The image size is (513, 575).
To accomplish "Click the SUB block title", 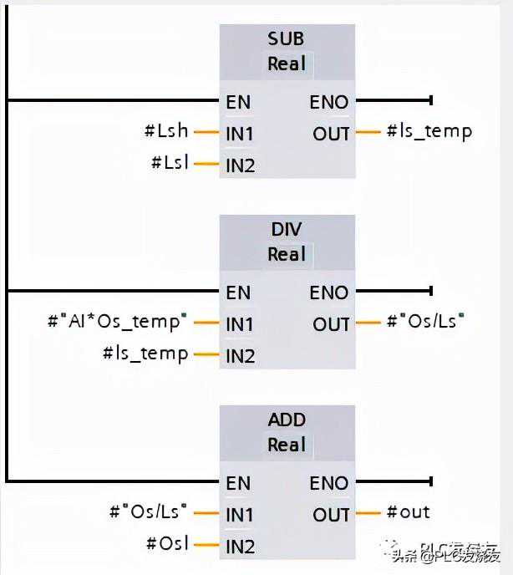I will click(x=287, y=38).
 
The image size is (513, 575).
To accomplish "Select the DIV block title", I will click(x=287, y=229).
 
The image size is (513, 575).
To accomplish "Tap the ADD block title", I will click(x=287, y=420).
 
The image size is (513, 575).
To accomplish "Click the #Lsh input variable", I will click(x=166, y=131).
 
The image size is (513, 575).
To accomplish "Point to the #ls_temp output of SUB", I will click(x=429, y=131).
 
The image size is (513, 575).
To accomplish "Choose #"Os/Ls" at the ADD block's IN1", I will click(x=150, y=512).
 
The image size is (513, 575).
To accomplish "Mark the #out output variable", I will click(x=409, y=512).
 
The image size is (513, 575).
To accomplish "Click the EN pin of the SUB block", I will click(x=238, y=102).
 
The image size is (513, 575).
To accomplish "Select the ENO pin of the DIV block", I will click(x=329, y=293).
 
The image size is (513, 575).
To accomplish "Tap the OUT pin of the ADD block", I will click(x=332, y=514).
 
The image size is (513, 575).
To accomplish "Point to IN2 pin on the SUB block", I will click(x=240, y=165).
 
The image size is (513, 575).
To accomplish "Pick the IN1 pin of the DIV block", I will click(x=240, y=323).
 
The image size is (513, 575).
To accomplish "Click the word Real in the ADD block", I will click(x=287, y=445).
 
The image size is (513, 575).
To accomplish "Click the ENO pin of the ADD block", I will click(x=329, y=483).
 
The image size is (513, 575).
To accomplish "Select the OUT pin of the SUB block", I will click(x=332, y=133).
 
